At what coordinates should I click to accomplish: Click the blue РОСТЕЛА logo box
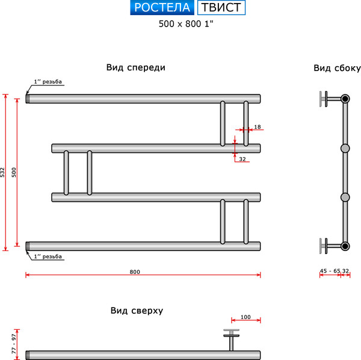(x=161, y=8)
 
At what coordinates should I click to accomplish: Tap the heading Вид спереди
(x=135, y=67)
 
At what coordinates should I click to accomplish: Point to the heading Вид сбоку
(x=336, y=68)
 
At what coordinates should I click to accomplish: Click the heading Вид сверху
(x=137, y=311)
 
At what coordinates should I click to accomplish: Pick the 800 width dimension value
(x=135, y=272)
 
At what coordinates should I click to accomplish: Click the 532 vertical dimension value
(x=3, y=172)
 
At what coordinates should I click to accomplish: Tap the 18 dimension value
(x=258, y=126)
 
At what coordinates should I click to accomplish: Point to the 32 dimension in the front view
(x=242, y=159)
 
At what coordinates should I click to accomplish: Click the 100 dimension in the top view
(x=245, y=317)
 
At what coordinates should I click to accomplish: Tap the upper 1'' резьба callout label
(x=48, y=81)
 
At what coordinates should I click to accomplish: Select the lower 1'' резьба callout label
(x=48, y=256)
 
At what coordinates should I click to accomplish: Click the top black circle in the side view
(x=345, y=98)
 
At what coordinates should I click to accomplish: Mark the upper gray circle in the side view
(x=345, y=147)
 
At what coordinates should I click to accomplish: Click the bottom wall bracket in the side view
(x=326, y=246)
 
